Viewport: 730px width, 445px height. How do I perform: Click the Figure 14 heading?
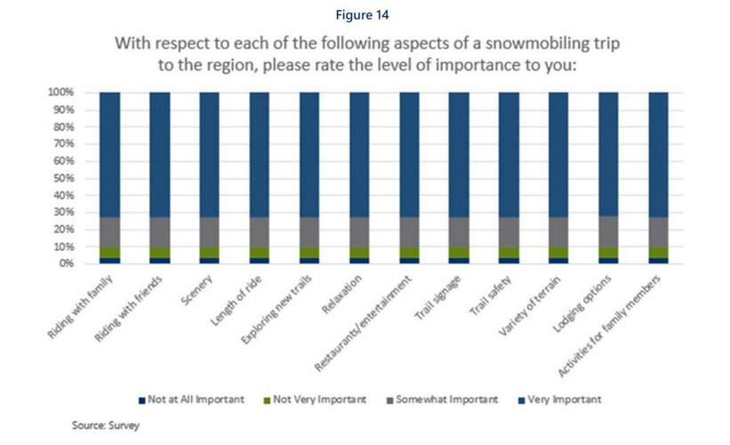click(364, 14)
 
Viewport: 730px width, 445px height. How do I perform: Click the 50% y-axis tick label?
click(63, 178)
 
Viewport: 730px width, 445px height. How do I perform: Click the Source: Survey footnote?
click(106, 425)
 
